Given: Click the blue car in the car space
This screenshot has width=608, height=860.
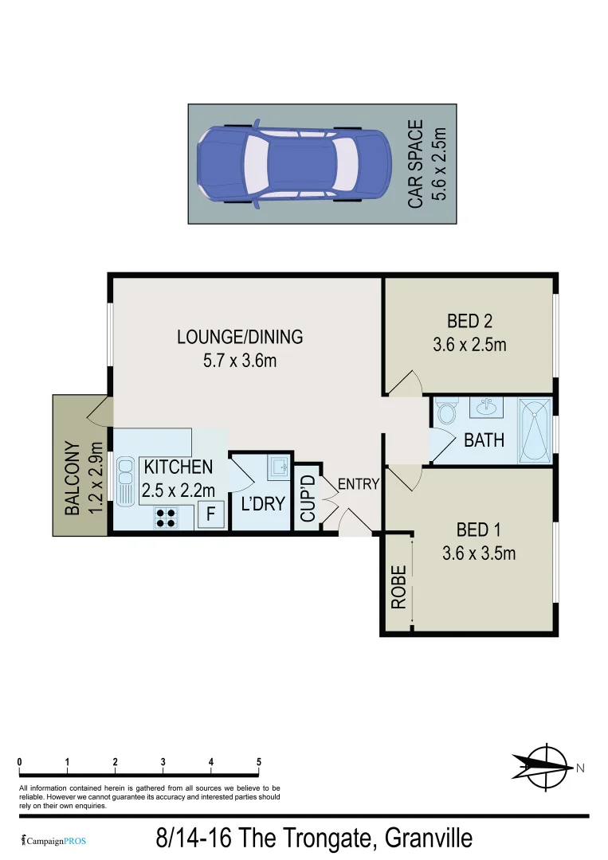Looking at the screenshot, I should click(x=294, y=165).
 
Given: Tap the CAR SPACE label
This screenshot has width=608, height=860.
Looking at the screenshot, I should click(x=416, y=165).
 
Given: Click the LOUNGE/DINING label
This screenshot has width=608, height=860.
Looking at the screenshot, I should click(x=240, y=337).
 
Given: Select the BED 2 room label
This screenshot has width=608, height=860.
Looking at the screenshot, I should click(x=469, y=322).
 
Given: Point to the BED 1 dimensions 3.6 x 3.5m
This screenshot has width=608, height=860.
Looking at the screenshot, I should click(x=479, y=553).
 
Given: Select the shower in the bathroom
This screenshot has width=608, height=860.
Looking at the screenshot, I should click(x=535, y=430).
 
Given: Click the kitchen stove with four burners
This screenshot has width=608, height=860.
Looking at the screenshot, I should click(x=166, y=518).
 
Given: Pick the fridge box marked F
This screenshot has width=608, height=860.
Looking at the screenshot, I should click(x=210, y=515).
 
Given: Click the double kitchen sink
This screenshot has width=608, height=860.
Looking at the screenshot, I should click(x=126, y=480).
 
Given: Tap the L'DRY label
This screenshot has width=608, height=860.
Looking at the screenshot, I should click(x=262, y=504).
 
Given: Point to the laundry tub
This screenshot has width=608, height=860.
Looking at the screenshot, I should click(x=277, y=466).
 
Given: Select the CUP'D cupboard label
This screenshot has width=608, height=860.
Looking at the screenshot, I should click(x=308, y=498).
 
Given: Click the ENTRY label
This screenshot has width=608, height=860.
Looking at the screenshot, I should click(x=359, y=484).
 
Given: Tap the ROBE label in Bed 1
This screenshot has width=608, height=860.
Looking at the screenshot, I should click(x=399, y=587).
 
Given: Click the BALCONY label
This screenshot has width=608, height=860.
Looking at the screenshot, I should click(x=72, y=478).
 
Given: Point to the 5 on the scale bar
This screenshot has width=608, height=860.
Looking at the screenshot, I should click(x=259, y=762).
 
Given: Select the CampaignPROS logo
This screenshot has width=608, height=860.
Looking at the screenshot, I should click(x=53, y=840).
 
